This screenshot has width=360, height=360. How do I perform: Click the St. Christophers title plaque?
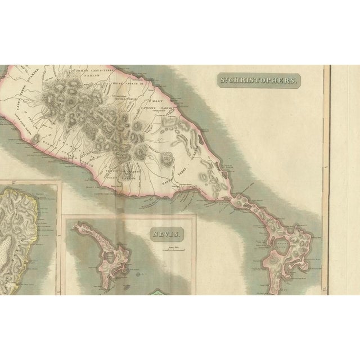pyautogui.click(x=260, y=80)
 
